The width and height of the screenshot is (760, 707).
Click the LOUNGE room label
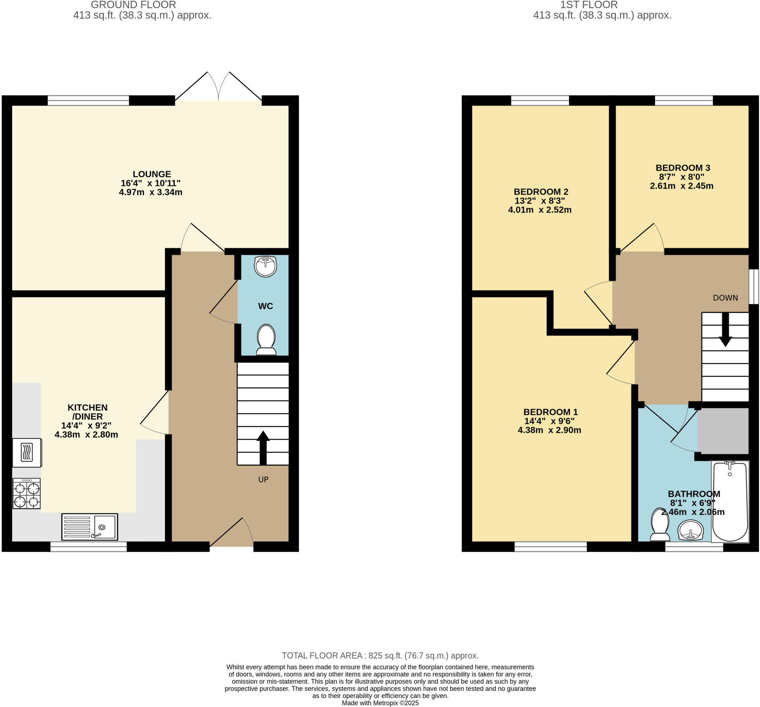pyautogui.click(x=152, y=174)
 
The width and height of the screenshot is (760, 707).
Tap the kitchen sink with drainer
pyautogui.click(x=89, y=527)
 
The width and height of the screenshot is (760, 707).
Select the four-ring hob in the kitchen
pyautogui.click(x=26, y=494)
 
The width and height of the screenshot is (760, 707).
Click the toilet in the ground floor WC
pyautogui.click(x=266, y=339)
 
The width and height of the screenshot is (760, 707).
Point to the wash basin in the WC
pyautogui.click(x=265, y=266)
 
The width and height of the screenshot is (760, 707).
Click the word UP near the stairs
pyautogui.click(x=263, y=480)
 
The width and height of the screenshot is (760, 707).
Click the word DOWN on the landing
pyautogui.click(x=725, y=298)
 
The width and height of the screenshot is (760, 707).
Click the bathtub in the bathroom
pyautogui.click(x=730, y=501)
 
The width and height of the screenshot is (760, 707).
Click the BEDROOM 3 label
pyautogui.click(x=683, y=167)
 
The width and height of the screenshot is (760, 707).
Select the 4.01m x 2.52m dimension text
pyautogui.click(x=540, y=210)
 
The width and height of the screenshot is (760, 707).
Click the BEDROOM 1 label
pyautogui.click(x=550, y=412)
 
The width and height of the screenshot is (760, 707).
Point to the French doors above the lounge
pyautogui.click(x=218, y=87)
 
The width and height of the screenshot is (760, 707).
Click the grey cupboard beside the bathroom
pyautogui.click(x=723, y=431)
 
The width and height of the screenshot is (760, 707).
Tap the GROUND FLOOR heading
pyautogui.click(x=134, y=5)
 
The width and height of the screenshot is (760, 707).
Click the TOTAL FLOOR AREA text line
pyautogui.click(x=380, y=656)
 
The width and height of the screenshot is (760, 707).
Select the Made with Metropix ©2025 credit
pyautogui.click(x=380, y=703)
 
